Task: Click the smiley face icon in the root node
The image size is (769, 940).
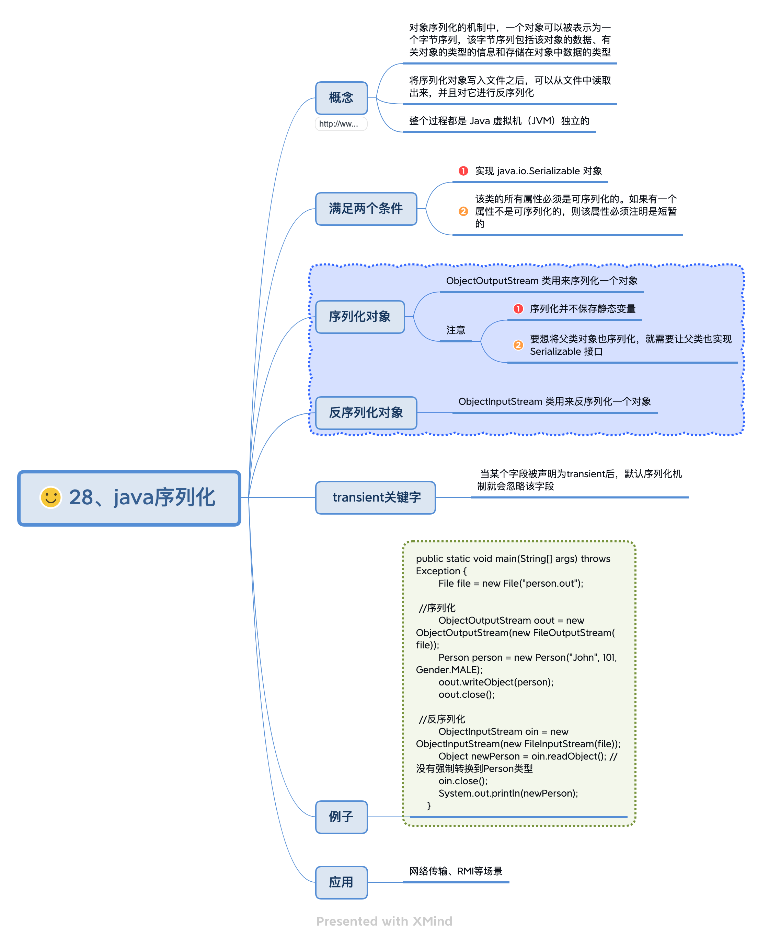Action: pyautogui.click(x=50, y=497)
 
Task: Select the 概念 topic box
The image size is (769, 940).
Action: pyautogui.click(x=341, y=98)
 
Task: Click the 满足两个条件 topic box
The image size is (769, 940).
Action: pyautogui.click(x=366, y=209)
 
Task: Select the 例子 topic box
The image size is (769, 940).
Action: pyautogui.click(x=341, y=817)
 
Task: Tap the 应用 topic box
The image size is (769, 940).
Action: pyautogui.click(x=341, y=882)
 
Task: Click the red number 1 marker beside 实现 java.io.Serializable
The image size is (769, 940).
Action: pyautogui.click(x=463, y=171)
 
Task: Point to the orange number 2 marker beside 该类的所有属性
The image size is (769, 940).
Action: pyautogui.click(x=463, y=212)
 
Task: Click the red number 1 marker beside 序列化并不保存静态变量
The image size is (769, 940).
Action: pyautogui.click(x=518, y=309)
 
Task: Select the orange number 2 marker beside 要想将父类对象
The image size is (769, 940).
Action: pyautogui.click(x=518, y=345)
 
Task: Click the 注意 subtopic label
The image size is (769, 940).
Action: pyautogui.click(x=456, y=330)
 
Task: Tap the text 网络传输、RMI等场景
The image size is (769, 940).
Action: pyautogui.click(x=456, y=871)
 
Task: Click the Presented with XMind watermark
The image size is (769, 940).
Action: pyautogui.click(x=384, y=921)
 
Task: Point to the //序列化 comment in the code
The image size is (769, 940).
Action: pyautogui.click(x=437, y=608)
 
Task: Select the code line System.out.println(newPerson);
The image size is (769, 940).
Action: pyautogui.click(x=508, y=794)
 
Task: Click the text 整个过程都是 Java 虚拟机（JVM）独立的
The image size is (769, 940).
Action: pyautogui.click(x=499, y=121)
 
